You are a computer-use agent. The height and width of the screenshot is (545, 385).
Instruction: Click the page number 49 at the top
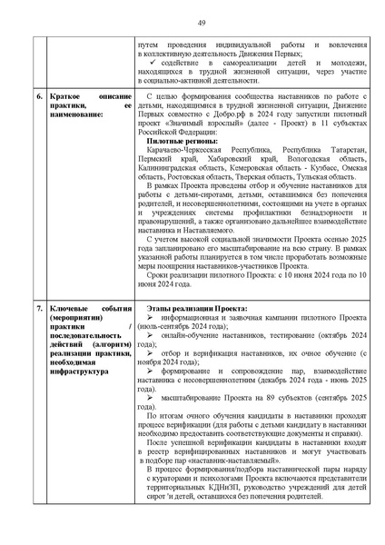[x=192, y=22]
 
